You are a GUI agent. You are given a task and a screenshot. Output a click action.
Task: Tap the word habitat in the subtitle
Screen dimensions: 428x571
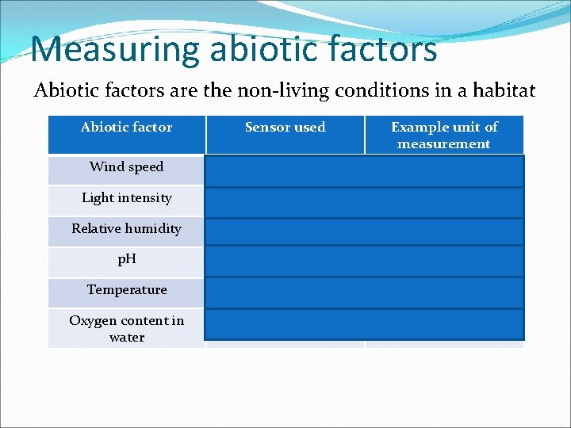(x=506, y=90)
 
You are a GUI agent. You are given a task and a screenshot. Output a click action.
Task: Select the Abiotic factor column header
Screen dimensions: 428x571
(x=127, y=127)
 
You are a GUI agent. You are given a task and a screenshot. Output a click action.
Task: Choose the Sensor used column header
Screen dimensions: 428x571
(x=285, y=127)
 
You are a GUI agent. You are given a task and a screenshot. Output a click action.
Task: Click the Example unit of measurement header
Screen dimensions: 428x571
(x=444, y=136)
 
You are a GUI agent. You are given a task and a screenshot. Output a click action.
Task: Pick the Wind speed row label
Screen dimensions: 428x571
(x=127, y=166)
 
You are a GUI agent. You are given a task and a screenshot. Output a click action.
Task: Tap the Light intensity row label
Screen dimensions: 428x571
(x=127, y=197)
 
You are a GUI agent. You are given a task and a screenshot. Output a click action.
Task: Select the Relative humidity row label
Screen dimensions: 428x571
(x=127, y=228)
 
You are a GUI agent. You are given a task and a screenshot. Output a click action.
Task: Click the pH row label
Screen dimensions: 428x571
(x=127, y=259)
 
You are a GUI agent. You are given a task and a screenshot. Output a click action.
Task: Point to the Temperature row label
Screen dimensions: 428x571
(x=127, y=289)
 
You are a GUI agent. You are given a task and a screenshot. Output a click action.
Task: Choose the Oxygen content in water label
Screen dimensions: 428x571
(x=127, y=328)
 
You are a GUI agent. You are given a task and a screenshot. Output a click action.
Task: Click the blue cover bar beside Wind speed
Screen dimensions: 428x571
(x=365, y=170)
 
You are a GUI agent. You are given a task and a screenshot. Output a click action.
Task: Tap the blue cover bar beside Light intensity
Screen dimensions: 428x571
(x=365, y=201)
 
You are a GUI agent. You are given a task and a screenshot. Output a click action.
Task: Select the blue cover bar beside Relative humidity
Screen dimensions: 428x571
(x=365, y=231)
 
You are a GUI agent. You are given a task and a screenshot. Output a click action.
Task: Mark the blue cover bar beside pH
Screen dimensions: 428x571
(x=365, y=262)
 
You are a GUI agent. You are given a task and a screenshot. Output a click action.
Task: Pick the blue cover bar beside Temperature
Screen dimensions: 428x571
(x=365, y=292)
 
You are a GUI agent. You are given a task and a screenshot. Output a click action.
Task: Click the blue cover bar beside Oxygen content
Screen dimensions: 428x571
(x=365, y=323)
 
